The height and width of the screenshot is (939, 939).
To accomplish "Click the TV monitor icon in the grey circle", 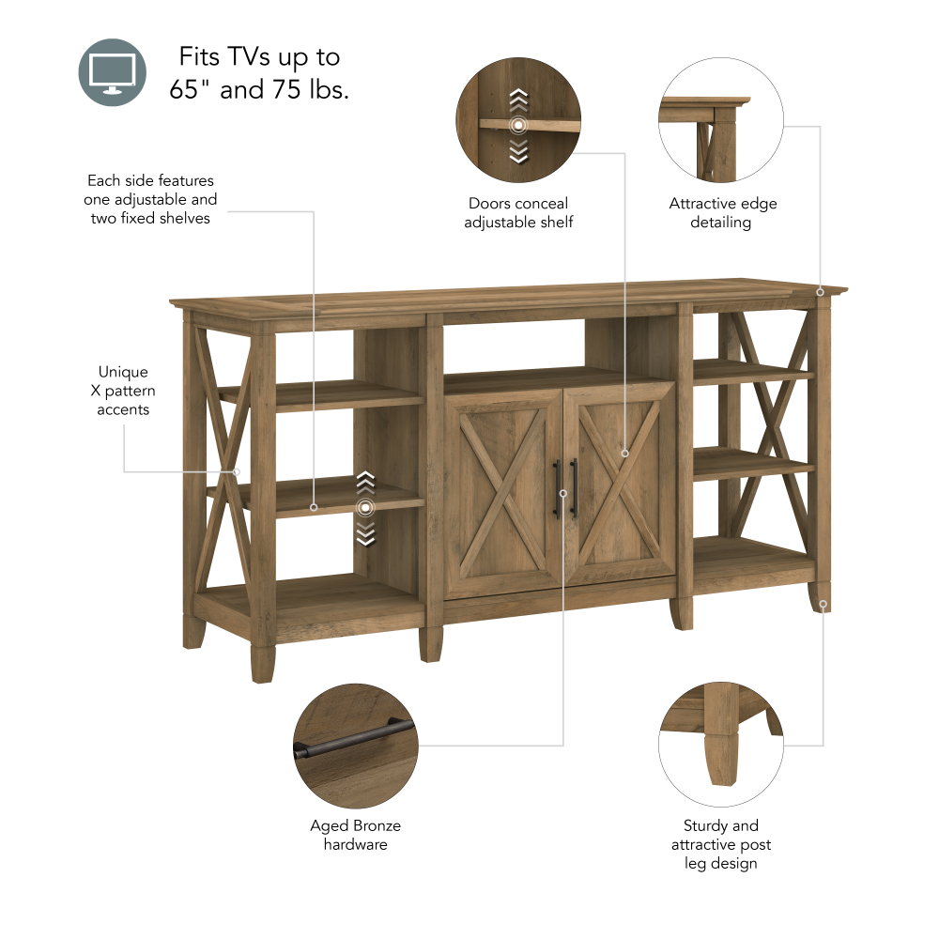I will point(113,72).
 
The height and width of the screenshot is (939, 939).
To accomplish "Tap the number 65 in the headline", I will point(186,90).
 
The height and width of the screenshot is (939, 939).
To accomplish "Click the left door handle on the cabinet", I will point(557,488).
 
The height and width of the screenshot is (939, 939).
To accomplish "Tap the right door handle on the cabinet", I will point(574,488).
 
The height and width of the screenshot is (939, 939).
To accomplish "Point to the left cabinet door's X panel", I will point(501,488).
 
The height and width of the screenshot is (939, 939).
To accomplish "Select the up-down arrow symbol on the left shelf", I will point(365,508).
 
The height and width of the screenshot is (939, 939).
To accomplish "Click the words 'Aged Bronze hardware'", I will point(355,835).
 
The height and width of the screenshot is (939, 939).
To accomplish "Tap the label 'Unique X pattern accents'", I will point(123,391).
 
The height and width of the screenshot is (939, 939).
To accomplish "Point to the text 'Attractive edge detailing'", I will point(722,212).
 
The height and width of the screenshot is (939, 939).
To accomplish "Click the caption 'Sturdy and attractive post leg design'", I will point(720,844).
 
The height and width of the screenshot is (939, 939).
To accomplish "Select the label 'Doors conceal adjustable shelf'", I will point(518,212).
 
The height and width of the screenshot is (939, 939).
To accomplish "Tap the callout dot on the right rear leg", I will point(824,605).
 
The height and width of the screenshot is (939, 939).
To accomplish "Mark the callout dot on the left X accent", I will point(237,471).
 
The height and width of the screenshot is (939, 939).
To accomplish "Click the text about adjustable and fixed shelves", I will point(150,199).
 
